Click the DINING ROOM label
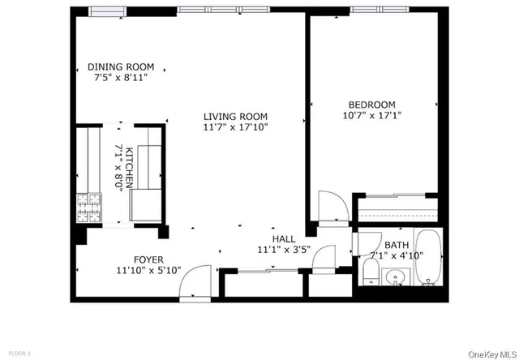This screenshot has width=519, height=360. coord(121,67)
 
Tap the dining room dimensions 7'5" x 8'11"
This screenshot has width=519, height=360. coord(121,78)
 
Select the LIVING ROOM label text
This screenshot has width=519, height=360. coord(235,117)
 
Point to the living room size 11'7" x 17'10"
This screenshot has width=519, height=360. coord(235,127)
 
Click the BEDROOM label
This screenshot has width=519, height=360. coord(372,105)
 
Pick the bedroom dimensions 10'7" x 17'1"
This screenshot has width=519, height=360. coord(372,115)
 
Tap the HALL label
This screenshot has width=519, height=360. coord(284,239)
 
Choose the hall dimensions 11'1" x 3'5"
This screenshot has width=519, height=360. coord(284,250)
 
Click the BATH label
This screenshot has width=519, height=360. coord(397,245)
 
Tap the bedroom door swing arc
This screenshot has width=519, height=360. coord(332,206)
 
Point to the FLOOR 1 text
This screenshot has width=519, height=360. coord(19,354)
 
